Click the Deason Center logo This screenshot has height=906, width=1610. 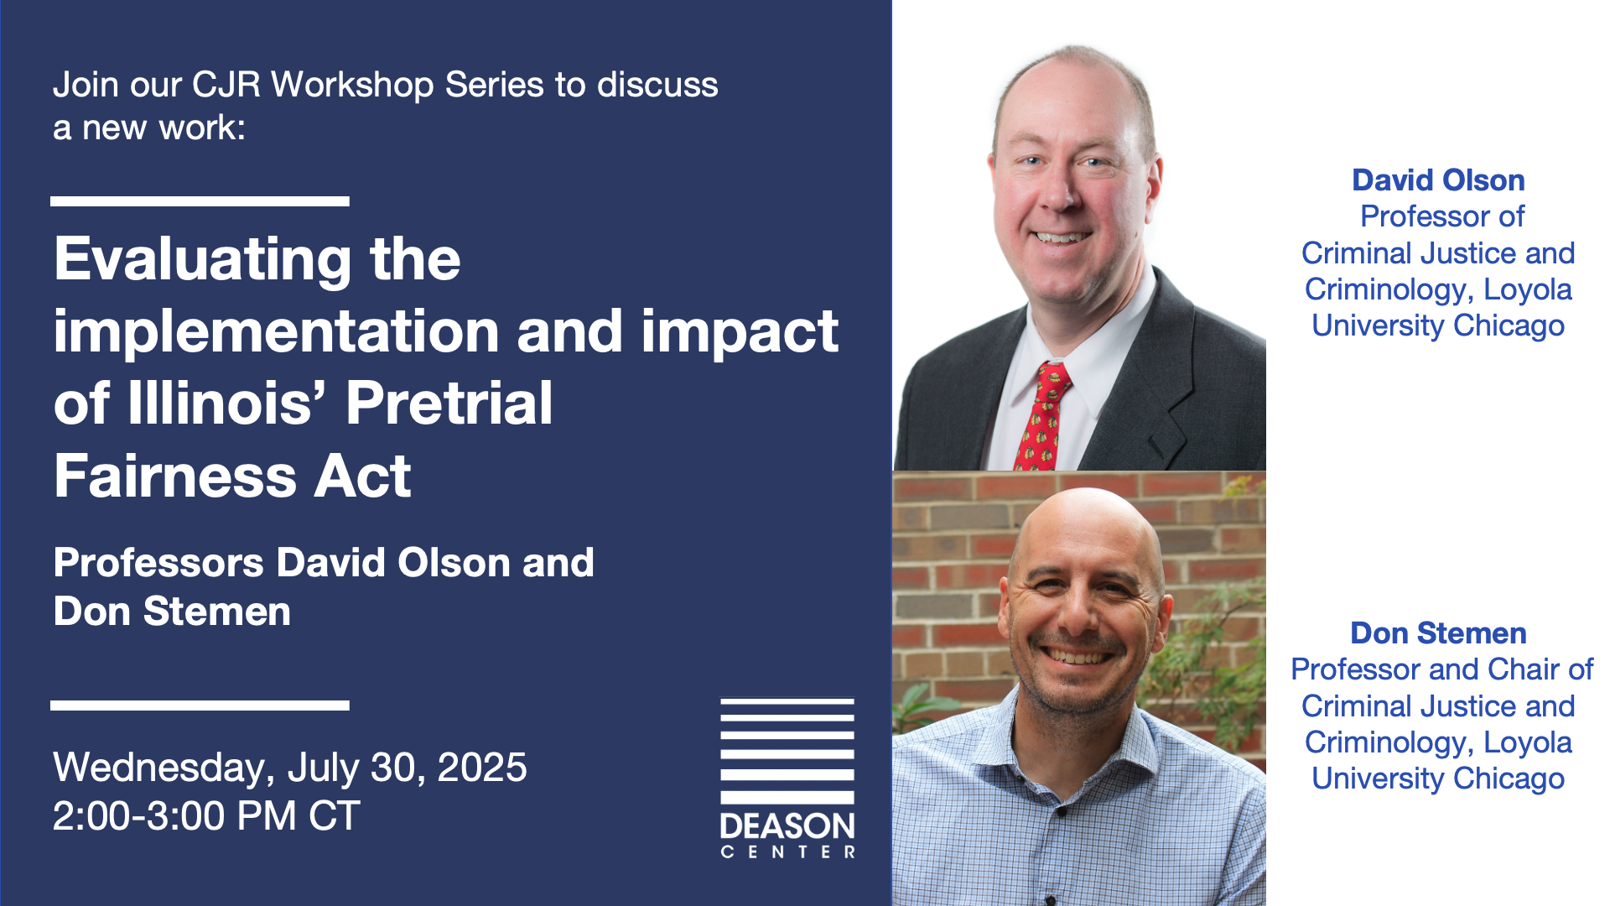[787, 778]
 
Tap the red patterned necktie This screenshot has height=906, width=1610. [1042, 416]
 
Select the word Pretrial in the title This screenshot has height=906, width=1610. [449, 404]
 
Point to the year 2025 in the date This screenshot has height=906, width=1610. [482, 767]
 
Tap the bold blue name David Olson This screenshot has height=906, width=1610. [1438, 180]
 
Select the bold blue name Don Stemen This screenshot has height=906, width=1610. [1438, 633]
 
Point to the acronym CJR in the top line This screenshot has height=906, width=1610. [226, 85]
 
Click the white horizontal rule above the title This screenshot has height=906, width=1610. [200, 201]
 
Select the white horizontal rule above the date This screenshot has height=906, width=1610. [200, 706]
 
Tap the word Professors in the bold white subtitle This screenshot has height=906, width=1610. [159, 562]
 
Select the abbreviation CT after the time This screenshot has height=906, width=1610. [334, 815]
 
